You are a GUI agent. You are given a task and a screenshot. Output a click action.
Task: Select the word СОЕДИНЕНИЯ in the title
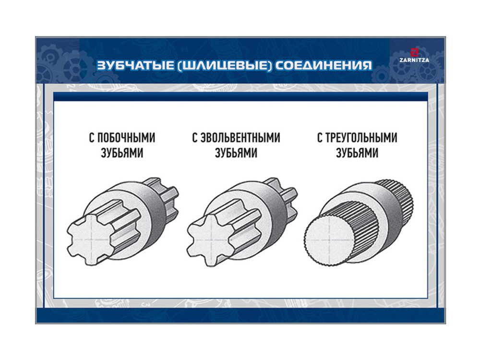coord(324,65)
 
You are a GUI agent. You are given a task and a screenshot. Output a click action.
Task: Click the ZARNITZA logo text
coord(414,60)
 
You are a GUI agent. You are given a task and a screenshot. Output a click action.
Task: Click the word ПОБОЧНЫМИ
coord(126,138)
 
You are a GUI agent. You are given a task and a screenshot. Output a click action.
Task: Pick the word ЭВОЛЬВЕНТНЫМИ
coord(240,138)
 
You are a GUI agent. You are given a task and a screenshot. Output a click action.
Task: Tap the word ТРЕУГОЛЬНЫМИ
coord(361,138)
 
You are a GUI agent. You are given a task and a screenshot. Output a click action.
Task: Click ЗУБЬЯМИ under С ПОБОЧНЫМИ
coord(122,153)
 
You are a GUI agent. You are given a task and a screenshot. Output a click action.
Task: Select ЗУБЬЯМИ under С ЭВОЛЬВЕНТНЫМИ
coord(236,153)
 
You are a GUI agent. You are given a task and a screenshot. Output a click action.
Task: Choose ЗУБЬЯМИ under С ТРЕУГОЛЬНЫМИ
coord(357,153)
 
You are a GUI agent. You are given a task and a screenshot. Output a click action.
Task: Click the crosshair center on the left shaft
coord(91,239)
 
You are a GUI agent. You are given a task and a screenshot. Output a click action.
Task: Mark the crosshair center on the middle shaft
coord(211,239)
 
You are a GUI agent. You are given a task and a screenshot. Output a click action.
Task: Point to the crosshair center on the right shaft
coord(330,239)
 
